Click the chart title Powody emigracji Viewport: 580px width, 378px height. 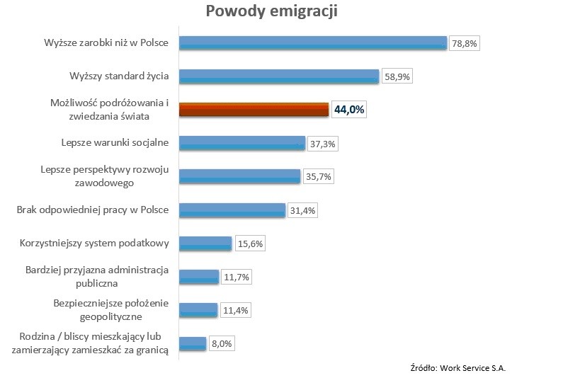(271, 12)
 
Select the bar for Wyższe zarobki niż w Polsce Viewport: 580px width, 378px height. (312, 43)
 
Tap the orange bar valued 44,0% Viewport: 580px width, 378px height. (254, 110)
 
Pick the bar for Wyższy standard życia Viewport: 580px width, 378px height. (279, 76)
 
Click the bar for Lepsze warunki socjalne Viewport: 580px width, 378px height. (241, 143)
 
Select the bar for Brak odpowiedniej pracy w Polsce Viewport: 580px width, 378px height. (232, 210)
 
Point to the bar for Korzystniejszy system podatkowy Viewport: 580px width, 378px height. (205, 244)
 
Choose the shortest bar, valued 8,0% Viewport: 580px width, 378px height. (192, 344)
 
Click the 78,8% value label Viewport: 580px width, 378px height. (465, 43)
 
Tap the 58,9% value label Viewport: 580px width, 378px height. (397, 76)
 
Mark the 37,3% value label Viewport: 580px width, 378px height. (322, 144)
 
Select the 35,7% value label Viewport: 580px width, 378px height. (317, 177)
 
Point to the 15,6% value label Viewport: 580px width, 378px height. (249, 244)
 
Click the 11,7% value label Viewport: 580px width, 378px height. (236, 277)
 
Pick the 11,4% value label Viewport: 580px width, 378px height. (234, 310)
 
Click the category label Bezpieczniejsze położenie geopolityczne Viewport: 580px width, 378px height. (112, 310)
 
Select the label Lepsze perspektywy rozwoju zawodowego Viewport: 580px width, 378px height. (104, 177)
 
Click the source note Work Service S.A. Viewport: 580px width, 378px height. (458, 368)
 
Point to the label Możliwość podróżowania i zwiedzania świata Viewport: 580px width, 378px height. (110, 110)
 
